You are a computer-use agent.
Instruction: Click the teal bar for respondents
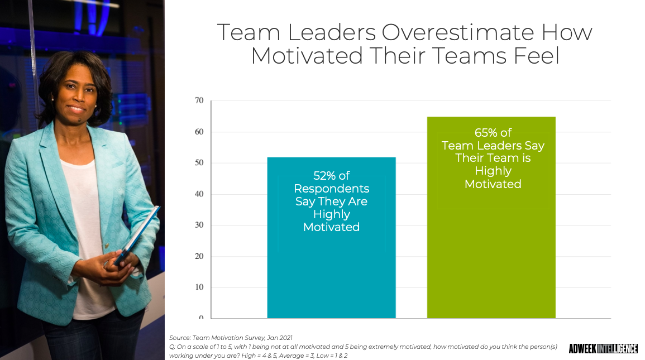coord(331,238)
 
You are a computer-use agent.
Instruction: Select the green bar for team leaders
coord(491,218)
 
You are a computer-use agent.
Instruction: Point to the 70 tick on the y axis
coord(199,100)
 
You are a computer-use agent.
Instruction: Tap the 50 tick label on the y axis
coord(199,163)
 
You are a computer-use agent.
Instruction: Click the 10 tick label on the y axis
coord(199,287)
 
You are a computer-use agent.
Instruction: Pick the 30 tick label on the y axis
coord(199,225)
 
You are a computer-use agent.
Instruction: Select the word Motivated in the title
coord(307,56)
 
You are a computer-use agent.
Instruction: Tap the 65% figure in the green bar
coord(486,133)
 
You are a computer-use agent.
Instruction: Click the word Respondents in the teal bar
coord(332,189)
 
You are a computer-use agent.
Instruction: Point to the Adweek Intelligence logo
coord(603,348)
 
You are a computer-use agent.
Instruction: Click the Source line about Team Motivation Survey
coord(231,338)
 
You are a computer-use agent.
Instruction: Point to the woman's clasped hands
coord(117,267)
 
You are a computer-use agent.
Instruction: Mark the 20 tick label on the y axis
coord(199,256)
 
